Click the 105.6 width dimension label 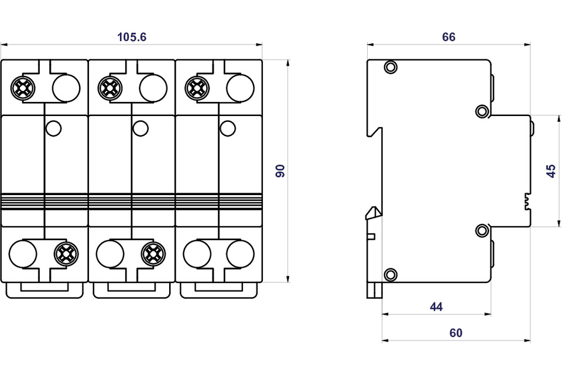click(132, 37)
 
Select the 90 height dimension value click(280, 171)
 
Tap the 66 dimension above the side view click(448, 37)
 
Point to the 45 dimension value click(550, 171)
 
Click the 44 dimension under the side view click(436, 306)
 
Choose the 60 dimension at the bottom click(456, 333)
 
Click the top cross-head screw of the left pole click(23, 88)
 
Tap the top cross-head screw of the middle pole click(109, 88)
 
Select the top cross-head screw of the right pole click(196, 88)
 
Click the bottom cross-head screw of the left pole click(66, 253)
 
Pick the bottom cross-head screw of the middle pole click(153, 253)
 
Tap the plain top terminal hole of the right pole click(240, 88)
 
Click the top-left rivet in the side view click(390, 67)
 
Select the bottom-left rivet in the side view click(390, 274)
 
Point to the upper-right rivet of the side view click(482, 111)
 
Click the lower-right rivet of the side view click(482, 230)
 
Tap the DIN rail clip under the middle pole click(132, 290)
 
